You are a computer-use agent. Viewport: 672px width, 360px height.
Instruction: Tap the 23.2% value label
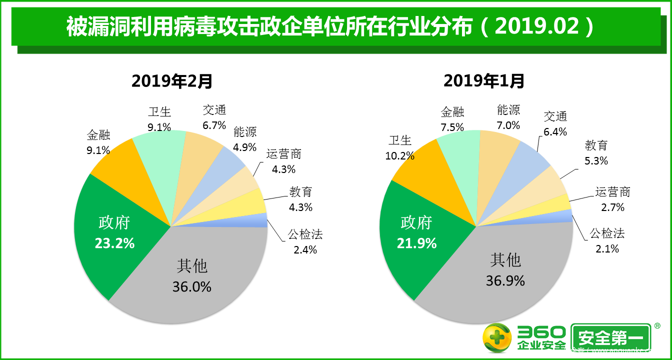(114, 243)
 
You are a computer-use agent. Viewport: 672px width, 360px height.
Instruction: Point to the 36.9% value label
(505, 280)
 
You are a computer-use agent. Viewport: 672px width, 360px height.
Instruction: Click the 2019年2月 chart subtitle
(172, 80)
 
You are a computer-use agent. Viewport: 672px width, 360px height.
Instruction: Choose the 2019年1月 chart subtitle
(484, 80)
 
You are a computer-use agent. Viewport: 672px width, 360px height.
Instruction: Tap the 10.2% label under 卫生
(399, 155)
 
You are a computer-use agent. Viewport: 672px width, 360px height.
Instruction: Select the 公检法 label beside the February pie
(305, 233)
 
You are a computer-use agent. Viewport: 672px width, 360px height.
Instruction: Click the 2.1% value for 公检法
(607, 248)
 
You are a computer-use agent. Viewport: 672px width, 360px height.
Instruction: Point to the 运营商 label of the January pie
(612, 192)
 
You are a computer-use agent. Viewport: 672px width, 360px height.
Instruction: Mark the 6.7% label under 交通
(214, 125)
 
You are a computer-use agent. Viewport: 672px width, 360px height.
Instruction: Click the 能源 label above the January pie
(508, 110)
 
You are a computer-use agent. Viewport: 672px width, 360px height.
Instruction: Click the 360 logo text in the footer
(542, 332)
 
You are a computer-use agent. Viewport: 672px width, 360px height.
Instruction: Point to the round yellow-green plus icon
(497, 337)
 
